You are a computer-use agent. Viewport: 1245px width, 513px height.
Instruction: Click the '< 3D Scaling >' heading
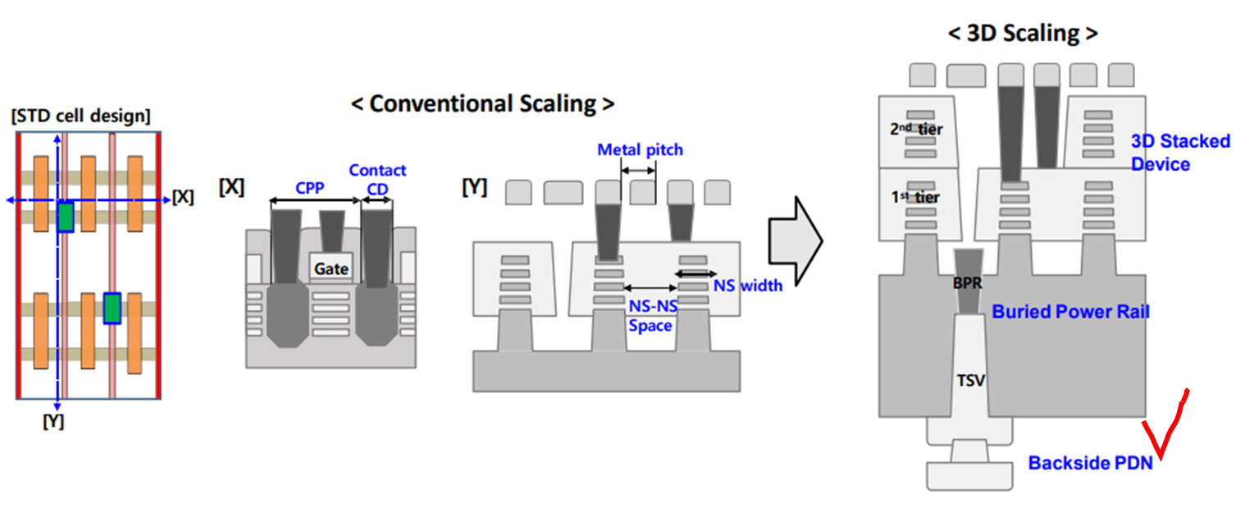click(x=1021, y=34)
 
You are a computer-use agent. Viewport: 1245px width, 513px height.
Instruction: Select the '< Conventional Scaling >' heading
click(x=482, y=103)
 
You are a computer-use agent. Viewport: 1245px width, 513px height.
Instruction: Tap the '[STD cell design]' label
click(x=81, y=117)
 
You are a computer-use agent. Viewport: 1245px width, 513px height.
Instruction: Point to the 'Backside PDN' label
click(x=1090, y=464)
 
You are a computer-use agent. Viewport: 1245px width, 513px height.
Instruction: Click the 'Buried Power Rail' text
click(x=1070, y=312)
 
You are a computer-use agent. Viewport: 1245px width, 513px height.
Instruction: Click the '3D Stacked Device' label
click(x=1180, y=152)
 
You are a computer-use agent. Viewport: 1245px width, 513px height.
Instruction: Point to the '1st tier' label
click(x=914, y=198)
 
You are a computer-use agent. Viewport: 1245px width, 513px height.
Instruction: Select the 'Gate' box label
click(x=332, y=268)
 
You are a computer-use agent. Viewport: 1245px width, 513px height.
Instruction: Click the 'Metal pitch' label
click(x=640, y=150)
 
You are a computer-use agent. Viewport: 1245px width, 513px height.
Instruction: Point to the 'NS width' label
click(x=747, y=286)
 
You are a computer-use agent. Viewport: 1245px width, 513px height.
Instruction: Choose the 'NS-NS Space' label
click(x=650, y=314)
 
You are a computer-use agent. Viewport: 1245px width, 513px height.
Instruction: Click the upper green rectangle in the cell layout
click(x=66, y=217)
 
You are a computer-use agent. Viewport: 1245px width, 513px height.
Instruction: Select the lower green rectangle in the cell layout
click(x=112, y=308)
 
